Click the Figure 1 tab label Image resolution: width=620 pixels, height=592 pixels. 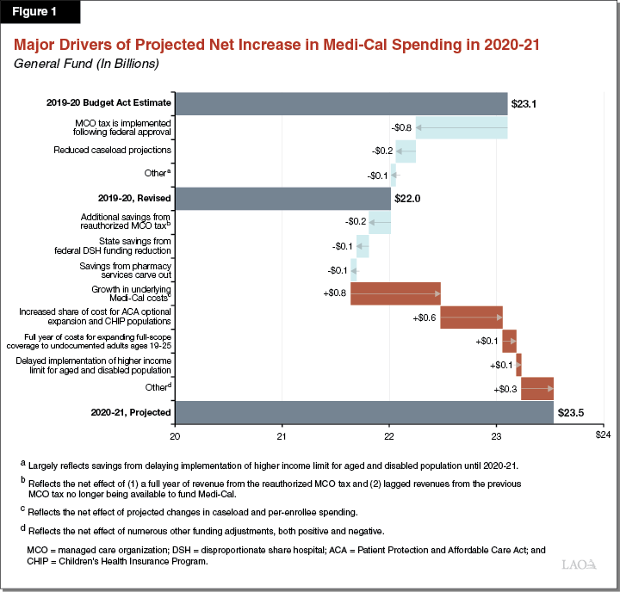40,14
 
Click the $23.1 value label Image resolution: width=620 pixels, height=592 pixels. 524,103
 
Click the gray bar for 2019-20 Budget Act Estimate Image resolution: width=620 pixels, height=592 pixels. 341,103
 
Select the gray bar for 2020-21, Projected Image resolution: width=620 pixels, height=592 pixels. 363,412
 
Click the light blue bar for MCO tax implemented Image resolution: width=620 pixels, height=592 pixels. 462,127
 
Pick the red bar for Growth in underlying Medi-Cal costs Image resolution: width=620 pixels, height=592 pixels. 395,293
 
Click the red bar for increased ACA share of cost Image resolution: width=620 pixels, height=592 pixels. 471,318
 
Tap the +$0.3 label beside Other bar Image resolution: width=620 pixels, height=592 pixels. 506,389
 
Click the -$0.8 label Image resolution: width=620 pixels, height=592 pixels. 400,127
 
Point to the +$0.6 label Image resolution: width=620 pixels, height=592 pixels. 425,318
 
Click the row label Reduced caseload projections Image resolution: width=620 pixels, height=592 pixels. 124,151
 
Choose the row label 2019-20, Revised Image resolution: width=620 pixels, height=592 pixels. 133,199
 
